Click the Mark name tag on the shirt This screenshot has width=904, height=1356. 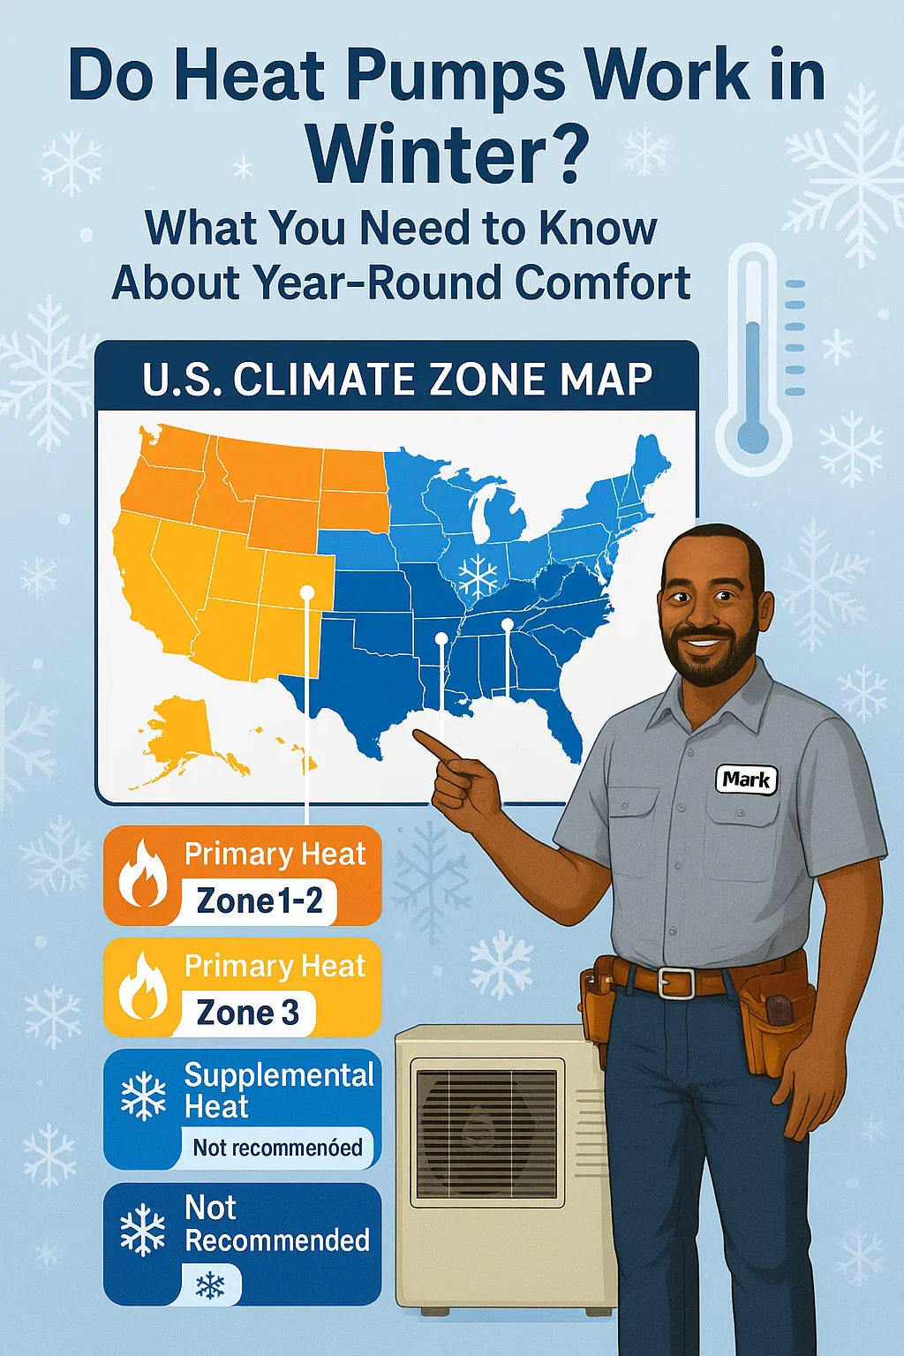[747, 780]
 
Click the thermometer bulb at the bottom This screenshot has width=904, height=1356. [753, 435]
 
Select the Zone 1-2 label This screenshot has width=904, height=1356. [260, 901]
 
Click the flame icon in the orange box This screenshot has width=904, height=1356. [141, 873]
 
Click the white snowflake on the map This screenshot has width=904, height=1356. [478, 573]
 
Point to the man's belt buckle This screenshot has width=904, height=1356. [675, 983]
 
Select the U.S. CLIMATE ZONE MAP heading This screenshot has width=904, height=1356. [396, 380]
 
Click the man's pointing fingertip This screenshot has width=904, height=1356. [416, 734]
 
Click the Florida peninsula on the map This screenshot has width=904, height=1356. [566, 728]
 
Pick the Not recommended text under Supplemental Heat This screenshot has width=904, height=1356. [277, 1147]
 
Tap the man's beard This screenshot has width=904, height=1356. [712, 658]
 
